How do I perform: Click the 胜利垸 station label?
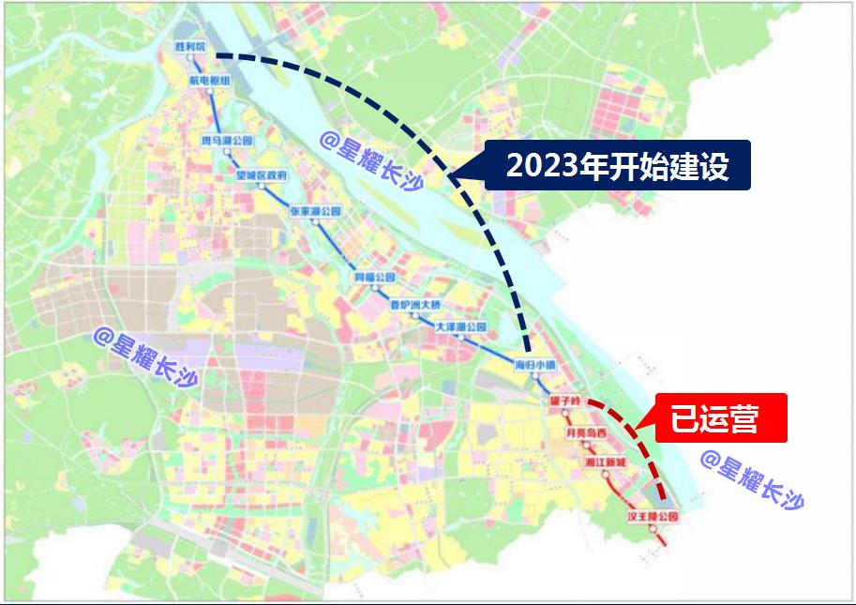point(189,45)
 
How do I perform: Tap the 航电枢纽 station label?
point(209,81)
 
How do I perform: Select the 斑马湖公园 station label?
point(228,140)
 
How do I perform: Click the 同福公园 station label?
point(374,278)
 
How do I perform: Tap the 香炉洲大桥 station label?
point(414,305)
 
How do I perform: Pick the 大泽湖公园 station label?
point(461,327)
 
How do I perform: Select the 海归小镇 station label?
point(536,363)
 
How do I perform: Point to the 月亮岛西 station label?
point(586,432)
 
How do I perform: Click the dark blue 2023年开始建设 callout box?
point(617,166)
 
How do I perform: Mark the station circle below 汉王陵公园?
point(653,529)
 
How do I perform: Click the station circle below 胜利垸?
point(189,57)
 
